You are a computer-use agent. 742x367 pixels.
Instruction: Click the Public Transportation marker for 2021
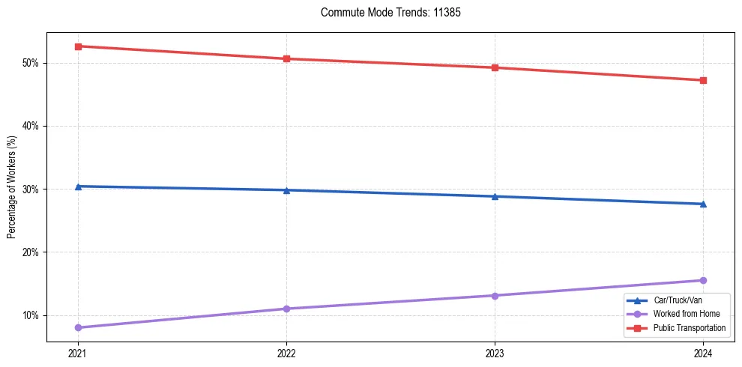tap(78, 46)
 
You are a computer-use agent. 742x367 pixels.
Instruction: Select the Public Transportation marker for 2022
tap(286, 58)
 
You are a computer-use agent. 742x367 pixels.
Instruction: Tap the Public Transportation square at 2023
tap(495, 67)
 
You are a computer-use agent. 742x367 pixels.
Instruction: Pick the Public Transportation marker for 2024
tap(703, 80)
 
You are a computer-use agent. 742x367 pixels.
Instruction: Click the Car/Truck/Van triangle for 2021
tap(78, 186)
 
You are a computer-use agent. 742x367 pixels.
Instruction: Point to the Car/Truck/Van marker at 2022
tap(286, 189)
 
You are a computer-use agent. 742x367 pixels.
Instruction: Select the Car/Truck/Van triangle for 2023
tap(495, 196)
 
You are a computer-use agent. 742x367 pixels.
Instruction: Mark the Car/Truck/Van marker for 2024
tap(703, 204)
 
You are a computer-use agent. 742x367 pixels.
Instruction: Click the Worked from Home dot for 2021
tap(78, 327)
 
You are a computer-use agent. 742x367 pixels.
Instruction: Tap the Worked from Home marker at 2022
tap(286, 309)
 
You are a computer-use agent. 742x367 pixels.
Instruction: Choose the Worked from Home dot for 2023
tap(495, 295)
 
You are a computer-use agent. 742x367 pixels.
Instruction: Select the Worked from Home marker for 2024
tap(703, 280)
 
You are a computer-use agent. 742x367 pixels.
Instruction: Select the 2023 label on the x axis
tap(495, 354)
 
